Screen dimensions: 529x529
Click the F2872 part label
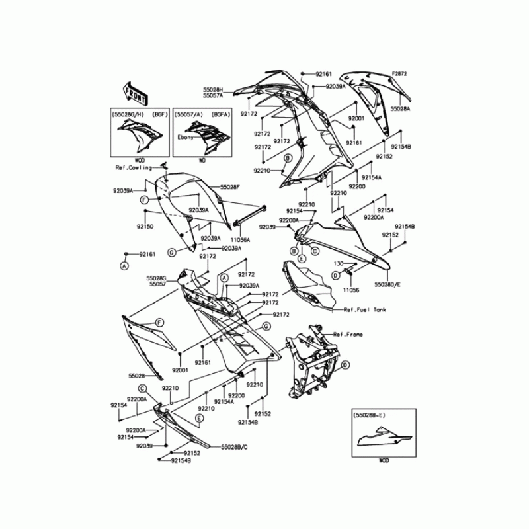click(x=400, y=73)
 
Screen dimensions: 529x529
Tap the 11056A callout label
click(x=240, y=240)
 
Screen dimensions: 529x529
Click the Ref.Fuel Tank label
click(x=365, y=309)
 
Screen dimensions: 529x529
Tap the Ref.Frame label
click(x=348, y=335)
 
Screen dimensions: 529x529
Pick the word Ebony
click(x=184, y=137)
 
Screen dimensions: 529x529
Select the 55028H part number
click(x=213, y=89)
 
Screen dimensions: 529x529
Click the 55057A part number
click(x=213, y=96)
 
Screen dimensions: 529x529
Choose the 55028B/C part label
click(x=216, y=446)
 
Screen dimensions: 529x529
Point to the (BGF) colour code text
click(x=161, y=114)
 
